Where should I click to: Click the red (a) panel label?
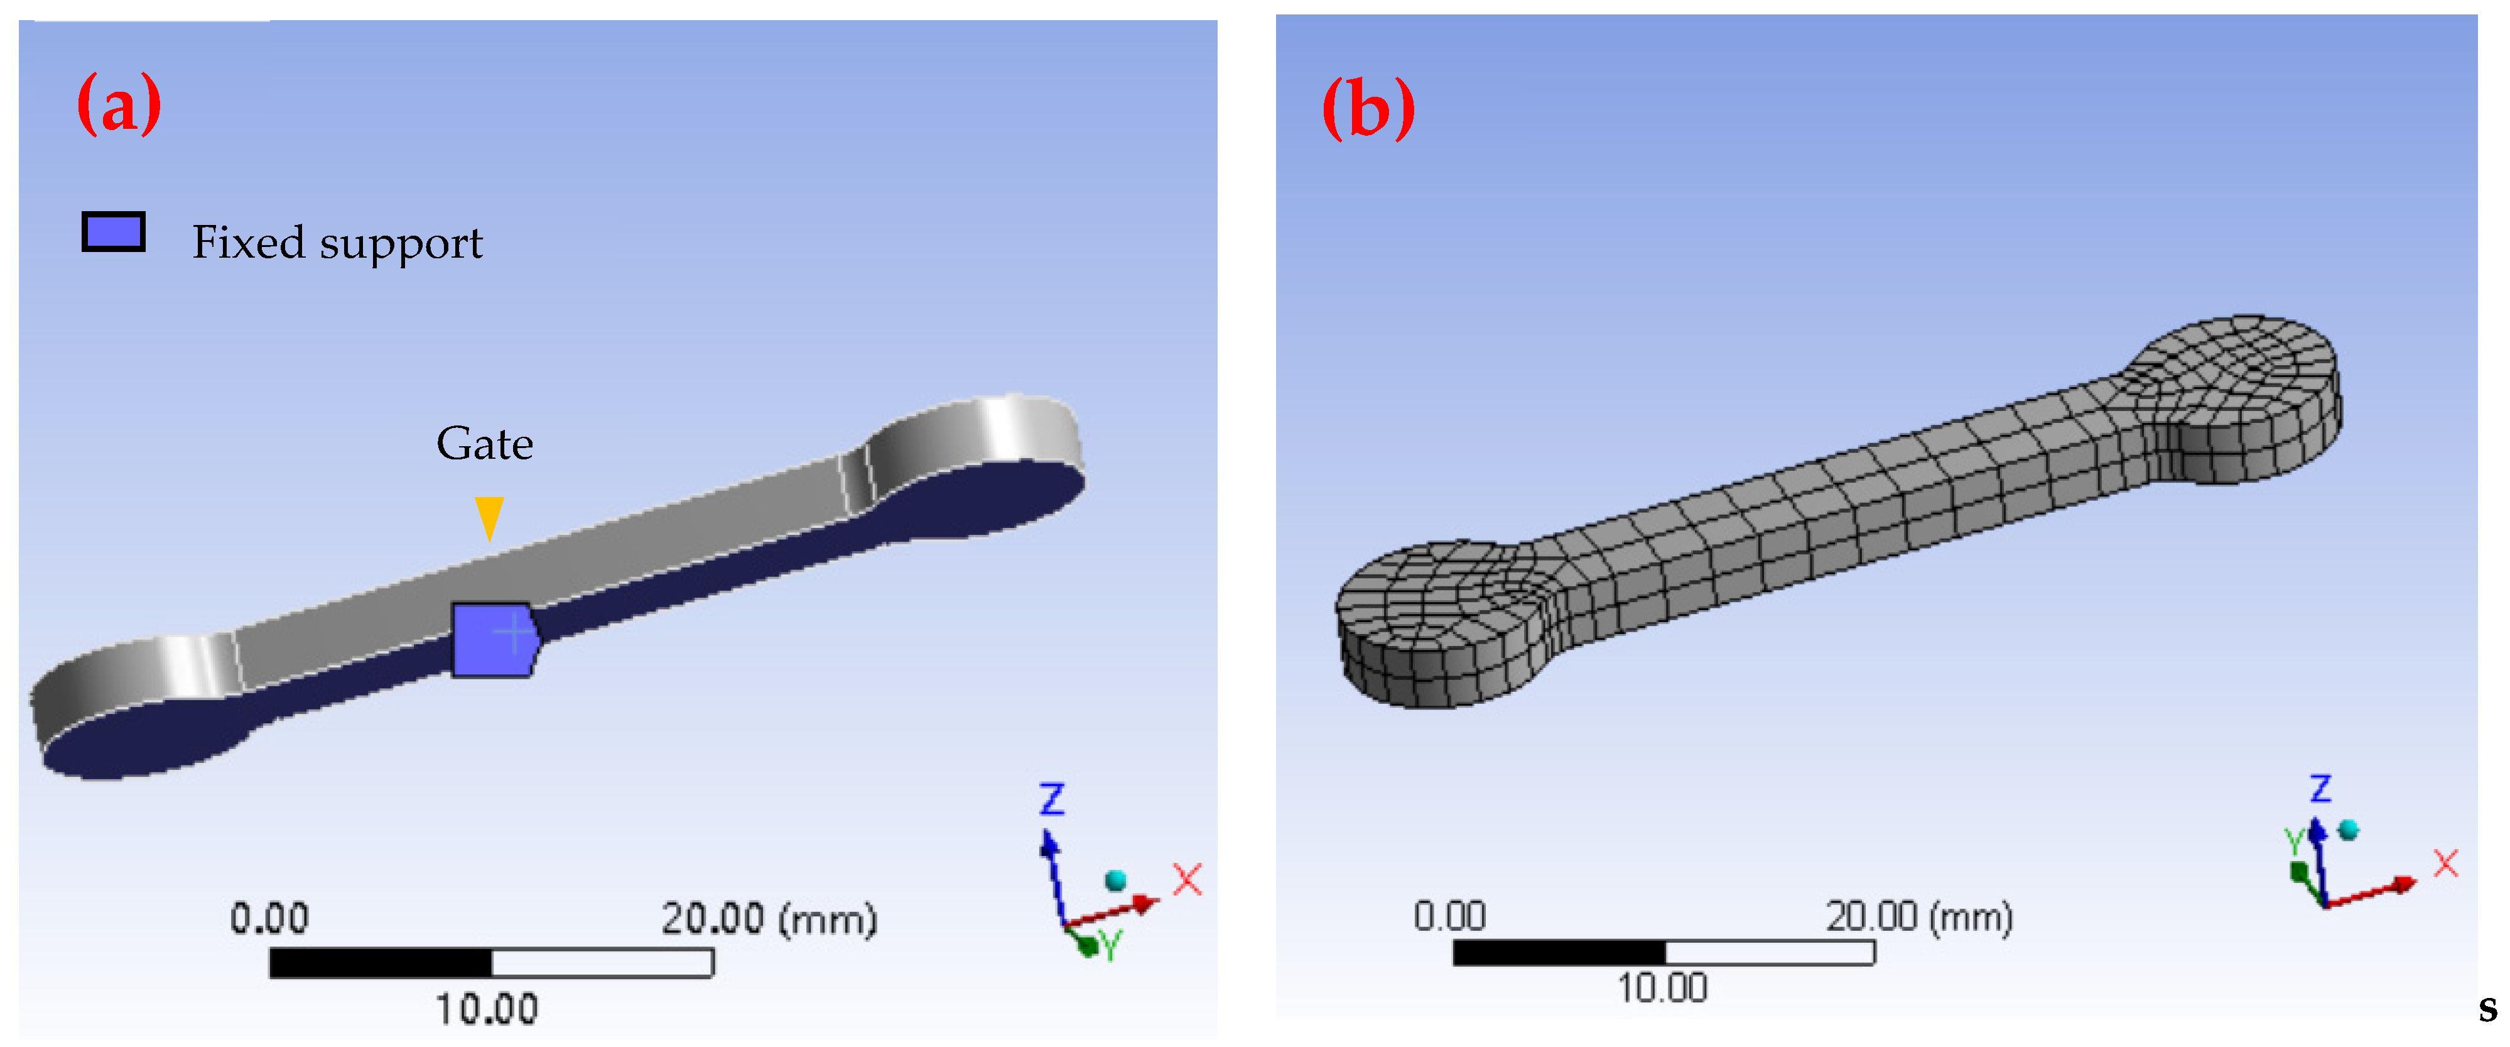(x=119, y=103)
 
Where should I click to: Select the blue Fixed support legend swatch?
(x=113, y=232)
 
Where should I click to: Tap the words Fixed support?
(x=337, y=242)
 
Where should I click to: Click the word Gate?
(x=484, y=444)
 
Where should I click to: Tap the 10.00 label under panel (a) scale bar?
(x=486, y=1009)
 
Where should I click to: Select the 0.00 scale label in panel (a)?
(x=269, y=918)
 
